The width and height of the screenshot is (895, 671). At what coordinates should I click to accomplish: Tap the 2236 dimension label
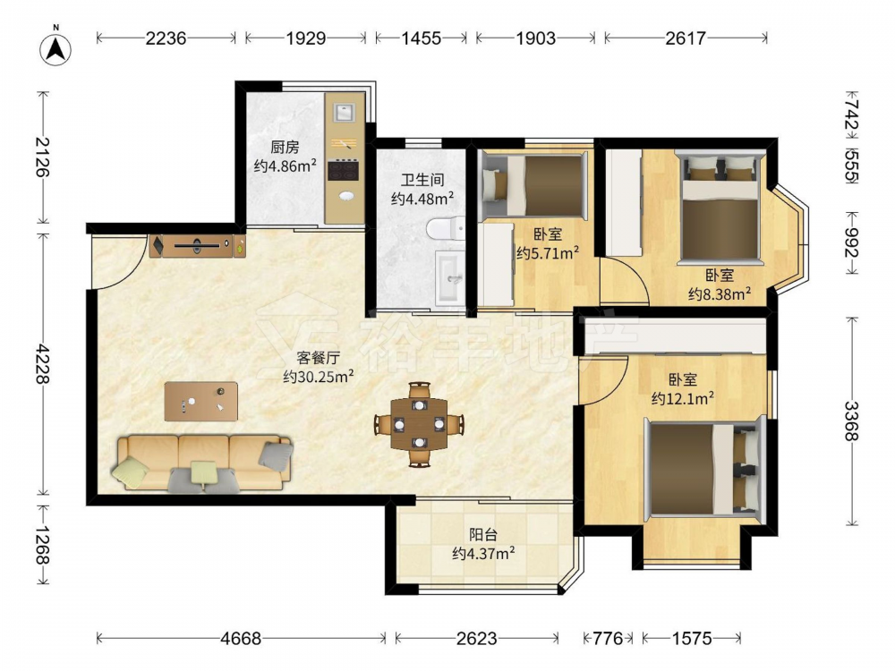(x=166, y=38)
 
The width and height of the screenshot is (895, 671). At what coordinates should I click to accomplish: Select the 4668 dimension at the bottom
(x=241, y=638)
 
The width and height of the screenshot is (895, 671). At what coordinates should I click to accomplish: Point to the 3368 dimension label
(x=852, y=421)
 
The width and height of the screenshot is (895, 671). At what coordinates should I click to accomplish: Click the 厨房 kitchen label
(x=285, y=148)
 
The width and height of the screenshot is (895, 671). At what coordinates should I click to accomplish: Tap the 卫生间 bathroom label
(x=422, y=181)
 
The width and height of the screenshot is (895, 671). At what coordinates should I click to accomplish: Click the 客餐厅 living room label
(x=319, y=359)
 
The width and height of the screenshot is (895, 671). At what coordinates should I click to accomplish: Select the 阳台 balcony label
(x=483, y=535)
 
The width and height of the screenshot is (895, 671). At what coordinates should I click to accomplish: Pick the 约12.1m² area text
(x=683, y=398)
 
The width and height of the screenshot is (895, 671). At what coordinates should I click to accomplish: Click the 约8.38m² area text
(x=720, y=293)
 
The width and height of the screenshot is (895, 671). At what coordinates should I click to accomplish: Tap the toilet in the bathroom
(x=447, y=229)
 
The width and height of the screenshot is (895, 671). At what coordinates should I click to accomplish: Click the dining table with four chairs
(x=420, y=424)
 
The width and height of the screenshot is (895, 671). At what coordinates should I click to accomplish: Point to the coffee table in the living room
(x=200, y=401)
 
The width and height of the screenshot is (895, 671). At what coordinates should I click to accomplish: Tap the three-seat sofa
(x=203, y=463)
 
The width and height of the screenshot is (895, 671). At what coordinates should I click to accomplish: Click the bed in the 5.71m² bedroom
(x=534, y=185)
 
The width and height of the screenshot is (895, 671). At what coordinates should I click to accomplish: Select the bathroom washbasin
(x=452, y=278)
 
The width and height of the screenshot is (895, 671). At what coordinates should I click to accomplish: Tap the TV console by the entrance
(x=198, y=246)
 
